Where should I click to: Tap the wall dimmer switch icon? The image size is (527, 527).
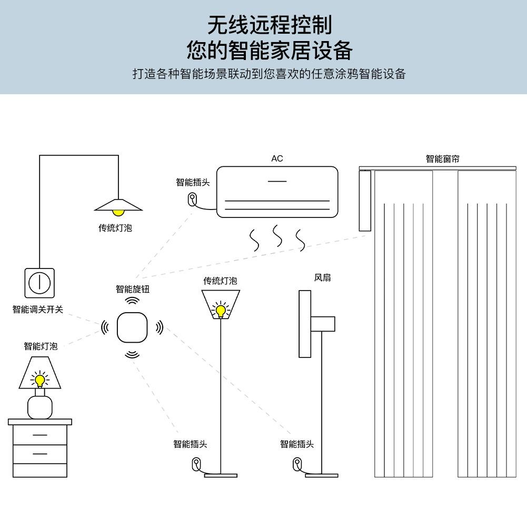coord(39,283)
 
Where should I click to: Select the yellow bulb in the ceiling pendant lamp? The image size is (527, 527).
coord(119,212)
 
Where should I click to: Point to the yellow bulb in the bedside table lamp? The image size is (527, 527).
coord(39,380)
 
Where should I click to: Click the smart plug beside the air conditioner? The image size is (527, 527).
coord(193,200)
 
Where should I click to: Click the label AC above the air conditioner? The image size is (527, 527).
coord(277,158)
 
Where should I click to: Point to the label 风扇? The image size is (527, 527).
coord(322,277)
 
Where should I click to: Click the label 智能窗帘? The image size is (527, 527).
coord(442,158)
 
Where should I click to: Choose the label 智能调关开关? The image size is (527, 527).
coord(38,309)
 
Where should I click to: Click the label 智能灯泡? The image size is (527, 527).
coord(41,346)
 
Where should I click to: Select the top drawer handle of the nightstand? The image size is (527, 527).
coord(39,435)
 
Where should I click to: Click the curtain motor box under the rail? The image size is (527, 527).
coord(366,201)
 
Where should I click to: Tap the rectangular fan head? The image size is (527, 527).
coord(304,324)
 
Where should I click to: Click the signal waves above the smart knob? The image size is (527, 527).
coord(132,301)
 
